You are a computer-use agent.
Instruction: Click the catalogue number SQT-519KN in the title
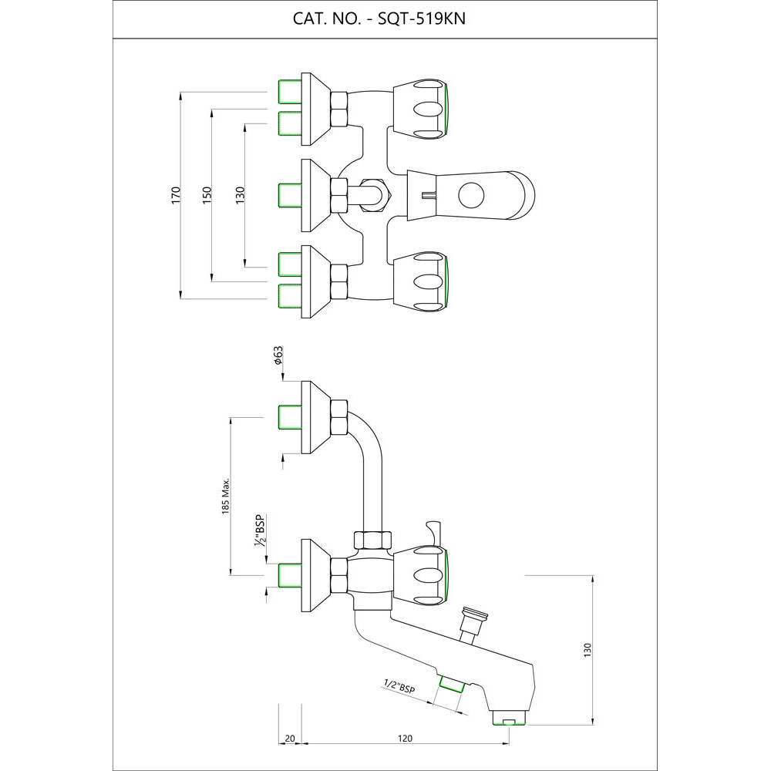coord(422,19)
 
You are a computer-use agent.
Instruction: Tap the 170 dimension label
coord(176,194)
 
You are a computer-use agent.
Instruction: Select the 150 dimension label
coord(207,194)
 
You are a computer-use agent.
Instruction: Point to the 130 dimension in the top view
coord(240,194)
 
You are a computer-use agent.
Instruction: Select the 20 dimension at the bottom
coord(290,738)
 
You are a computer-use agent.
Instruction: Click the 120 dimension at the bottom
coord(405,738)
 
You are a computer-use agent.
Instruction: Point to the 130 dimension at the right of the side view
coord(588,649)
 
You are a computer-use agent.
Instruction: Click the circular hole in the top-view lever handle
coord(469,194)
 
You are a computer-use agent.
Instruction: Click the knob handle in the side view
coord(421,575)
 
